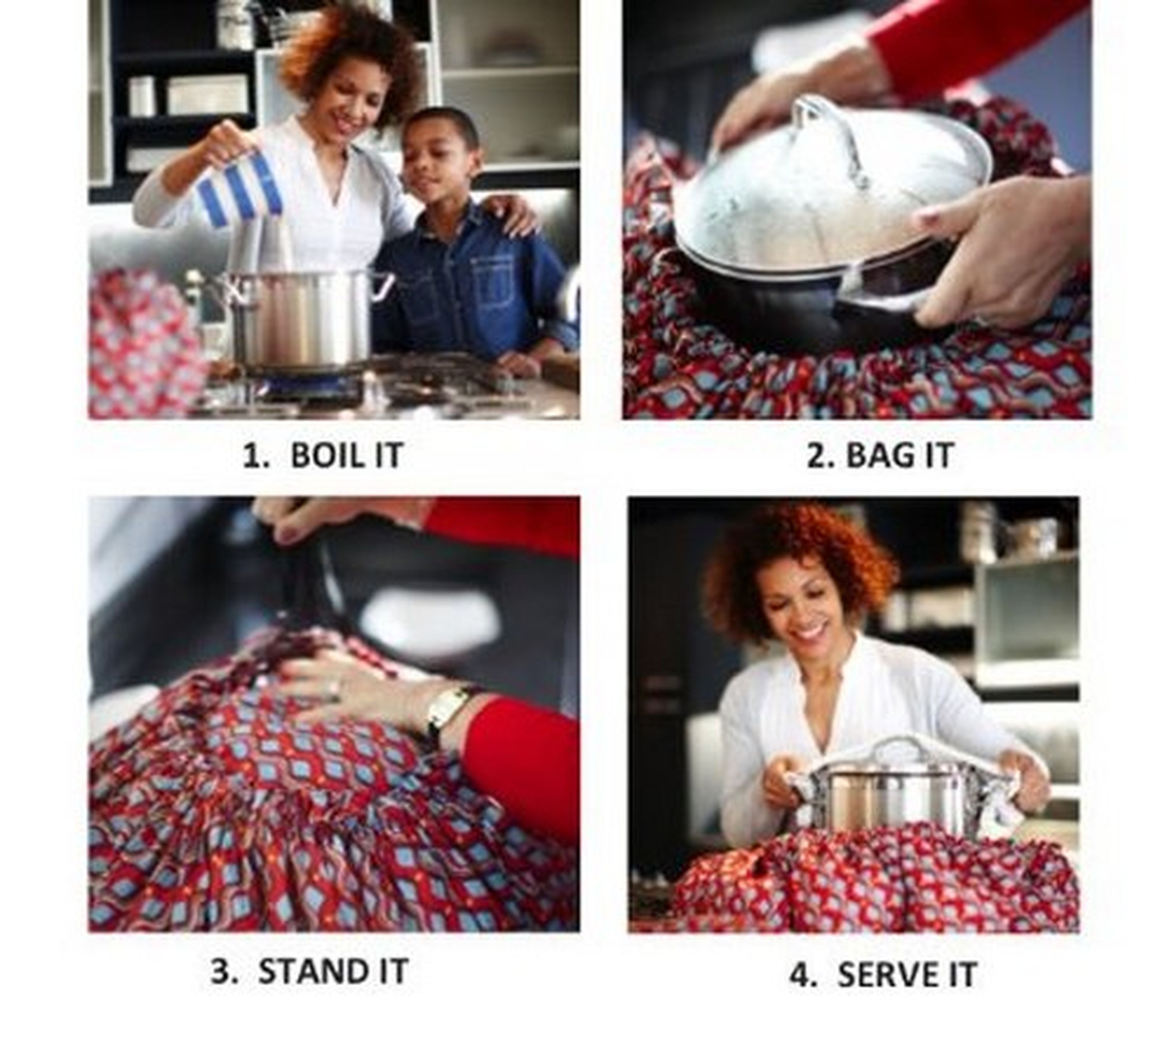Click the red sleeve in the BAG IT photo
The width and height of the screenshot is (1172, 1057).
(x=976, y=44)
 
